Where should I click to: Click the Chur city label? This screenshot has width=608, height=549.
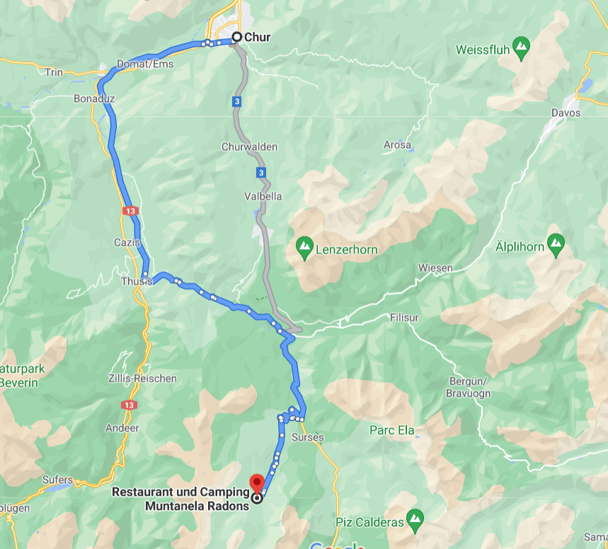click(x=257, y=37)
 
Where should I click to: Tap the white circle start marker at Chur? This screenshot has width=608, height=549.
click(x=237, y=37)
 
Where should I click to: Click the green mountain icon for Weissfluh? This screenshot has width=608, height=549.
click(x=522, y=47)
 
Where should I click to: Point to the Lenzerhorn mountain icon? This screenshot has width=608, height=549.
click(x=304, y=248)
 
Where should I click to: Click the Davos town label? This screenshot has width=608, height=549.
click(x=566, y=112)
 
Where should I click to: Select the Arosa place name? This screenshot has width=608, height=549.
click(x=397, y=145)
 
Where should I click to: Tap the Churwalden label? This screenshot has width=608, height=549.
click(x=249, y=147)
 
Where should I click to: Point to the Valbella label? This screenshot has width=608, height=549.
click(x=263, y=196)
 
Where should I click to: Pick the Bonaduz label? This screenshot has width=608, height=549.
click(x=94, y=98)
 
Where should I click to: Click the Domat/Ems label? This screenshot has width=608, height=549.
click(x=145, y=64)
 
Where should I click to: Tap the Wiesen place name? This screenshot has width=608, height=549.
click(x=435, y=267)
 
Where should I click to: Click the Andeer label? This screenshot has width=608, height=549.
click(x=122, y=428)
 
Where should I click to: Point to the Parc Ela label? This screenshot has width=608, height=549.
click(x=391, y=430)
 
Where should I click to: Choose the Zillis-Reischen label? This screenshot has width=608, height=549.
click(x=143, y=378)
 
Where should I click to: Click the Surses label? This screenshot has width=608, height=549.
click(x=308, y=437)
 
